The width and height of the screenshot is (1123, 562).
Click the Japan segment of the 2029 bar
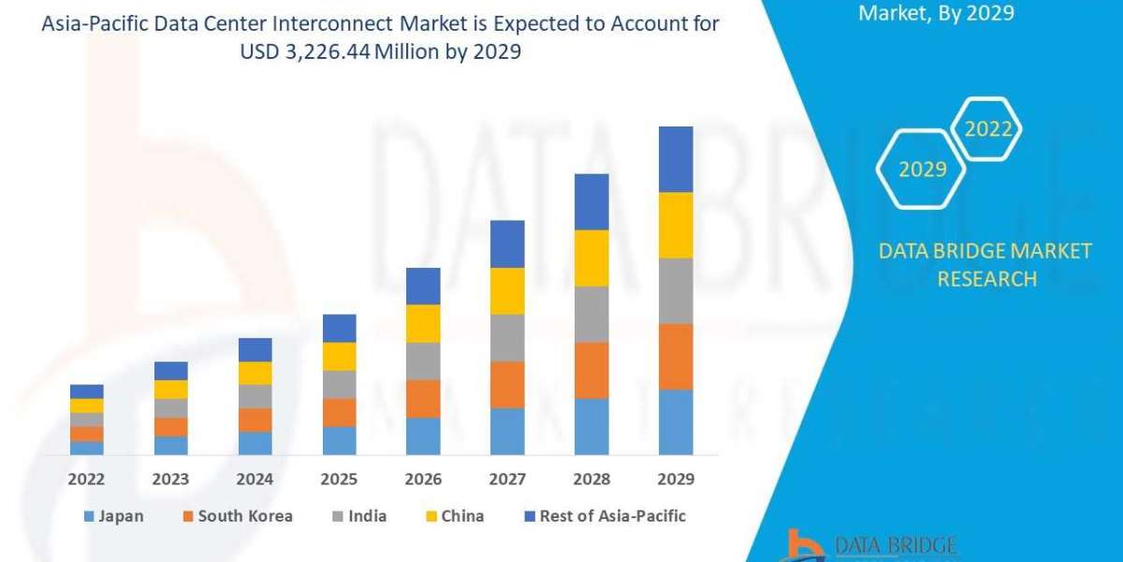click(676, 422)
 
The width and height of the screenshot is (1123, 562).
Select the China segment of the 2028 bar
click(591, 258)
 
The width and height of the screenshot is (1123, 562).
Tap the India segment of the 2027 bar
click(507, 337)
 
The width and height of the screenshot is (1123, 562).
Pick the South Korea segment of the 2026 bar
click(423, 398)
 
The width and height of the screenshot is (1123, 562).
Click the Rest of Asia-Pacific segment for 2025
click(339, 328)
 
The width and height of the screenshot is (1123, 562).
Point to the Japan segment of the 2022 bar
click(87, 448)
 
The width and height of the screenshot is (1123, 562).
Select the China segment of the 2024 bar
click(255, 373)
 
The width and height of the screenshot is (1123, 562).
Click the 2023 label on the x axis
click(170, 479)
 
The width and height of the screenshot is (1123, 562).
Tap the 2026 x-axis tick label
click(423, 479)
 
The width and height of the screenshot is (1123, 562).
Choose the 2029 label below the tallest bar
click(676, 479)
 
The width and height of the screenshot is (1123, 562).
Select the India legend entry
click(365, 516)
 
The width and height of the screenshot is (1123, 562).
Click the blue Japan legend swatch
click(89, 516)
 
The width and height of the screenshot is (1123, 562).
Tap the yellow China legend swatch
click(431, 516)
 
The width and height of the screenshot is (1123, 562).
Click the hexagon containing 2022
click(987, 129)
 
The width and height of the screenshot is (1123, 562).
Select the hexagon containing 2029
click(922, 169)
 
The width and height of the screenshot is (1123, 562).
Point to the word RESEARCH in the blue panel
click(986, 278)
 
